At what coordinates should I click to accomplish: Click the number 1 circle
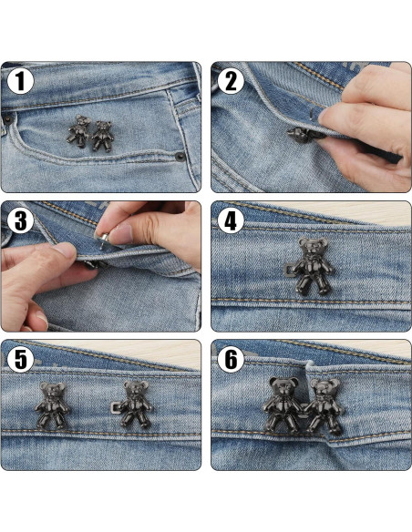[x=22, y=82]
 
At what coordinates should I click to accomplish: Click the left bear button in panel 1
[x=79, y=132]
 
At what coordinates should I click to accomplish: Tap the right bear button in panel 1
[x=101, y=135]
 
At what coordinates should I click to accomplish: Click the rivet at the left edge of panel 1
[x=6, y=118]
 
